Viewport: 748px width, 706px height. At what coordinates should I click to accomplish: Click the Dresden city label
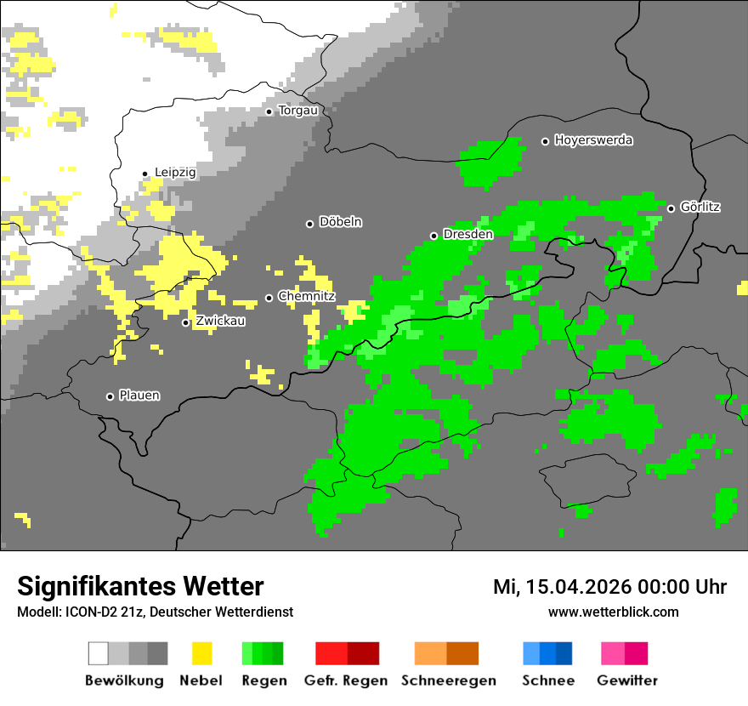(468, 234)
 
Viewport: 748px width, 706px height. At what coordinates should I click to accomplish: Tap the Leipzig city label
(175, 173)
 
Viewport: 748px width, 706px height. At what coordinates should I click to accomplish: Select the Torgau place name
(297, 111)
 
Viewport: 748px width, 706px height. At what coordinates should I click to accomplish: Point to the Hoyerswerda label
(593, 140)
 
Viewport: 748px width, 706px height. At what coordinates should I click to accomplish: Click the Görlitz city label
(700, 207)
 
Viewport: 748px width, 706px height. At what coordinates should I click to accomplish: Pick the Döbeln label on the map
(340, 222)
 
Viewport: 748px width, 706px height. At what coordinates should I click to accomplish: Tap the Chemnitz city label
(307, 296)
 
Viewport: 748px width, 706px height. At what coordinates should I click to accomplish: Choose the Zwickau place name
(220, 321)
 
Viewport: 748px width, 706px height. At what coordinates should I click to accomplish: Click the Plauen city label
(139, 396)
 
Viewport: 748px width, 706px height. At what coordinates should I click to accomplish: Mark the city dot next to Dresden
(434, 236)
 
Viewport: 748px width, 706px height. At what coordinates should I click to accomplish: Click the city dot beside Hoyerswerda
(546, 141)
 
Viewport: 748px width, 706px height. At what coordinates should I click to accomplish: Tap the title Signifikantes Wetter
(140, 586)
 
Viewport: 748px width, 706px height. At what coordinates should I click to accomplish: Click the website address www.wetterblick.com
(613, 612)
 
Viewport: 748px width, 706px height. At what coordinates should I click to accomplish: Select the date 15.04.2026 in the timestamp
(571, 587)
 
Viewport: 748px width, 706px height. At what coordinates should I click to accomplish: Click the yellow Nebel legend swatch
(201, 653)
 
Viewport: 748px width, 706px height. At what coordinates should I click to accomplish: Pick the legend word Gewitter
(627, 680)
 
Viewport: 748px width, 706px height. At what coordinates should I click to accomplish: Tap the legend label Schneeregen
(449, 680)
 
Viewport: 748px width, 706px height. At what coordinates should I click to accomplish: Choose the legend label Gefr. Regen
(346, 680)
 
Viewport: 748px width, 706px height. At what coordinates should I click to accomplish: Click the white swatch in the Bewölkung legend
(99, 653)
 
